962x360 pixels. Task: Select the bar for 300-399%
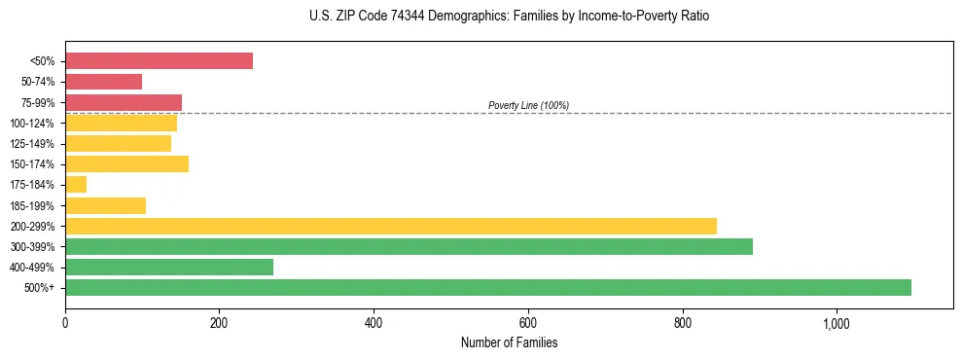click(x=409, y=246)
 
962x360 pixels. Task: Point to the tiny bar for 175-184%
click(x=76, y=185)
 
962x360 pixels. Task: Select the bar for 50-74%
click(x=103, y=82)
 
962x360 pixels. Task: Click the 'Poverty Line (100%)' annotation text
click(x=528, y=105)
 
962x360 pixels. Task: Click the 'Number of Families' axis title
click(x=509, y=342)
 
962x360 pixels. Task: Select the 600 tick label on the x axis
click(x=528, y=322)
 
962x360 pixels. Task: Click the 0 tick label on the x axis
click(x=65, y=322)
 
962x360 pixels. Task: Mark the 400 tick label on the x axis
click(x=374, y=322)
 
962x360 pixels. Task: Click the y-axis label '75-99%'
click(x=37, y=103)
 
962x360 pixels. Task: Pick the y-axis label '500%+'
click(x=39, y=288)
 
